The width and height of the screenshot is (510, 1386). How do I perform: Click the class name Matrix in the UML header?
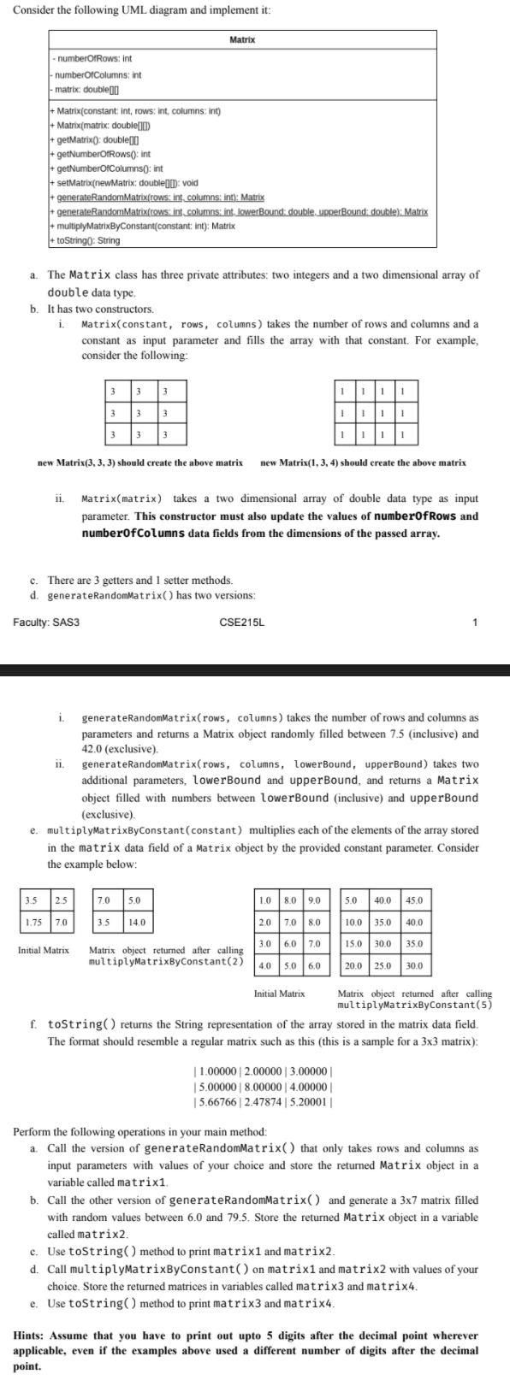[x=243, y=40]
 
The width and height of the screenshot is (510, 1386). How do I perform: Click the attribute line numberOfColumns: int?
[x=98, y=74]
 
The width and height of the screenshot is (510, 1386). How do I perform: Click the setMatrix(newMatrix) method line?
[x=126, y=183]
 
